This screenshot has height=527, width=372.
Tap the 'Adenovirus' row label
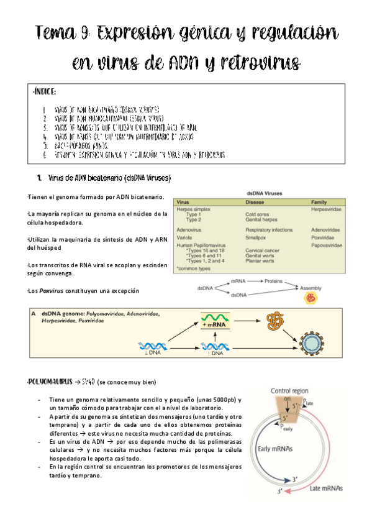191,229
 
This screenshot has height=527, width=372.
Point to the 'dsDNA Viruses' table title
259,194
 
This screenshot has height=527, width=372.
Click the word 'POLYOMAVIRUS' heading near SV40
50,380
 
